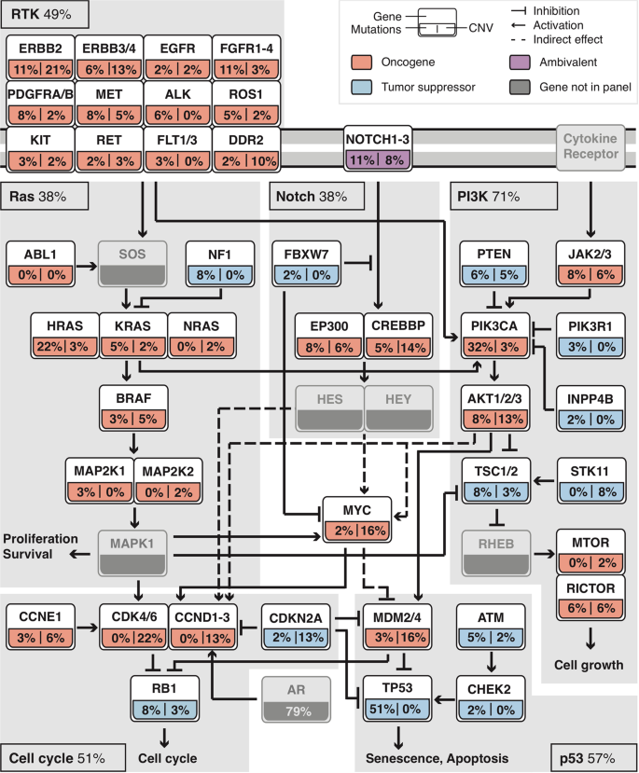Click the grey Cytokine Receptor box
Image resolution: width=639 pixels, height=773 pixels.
(593, 146)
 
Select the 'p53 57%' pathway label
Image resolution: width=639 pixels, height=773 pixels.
(590, 756)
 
